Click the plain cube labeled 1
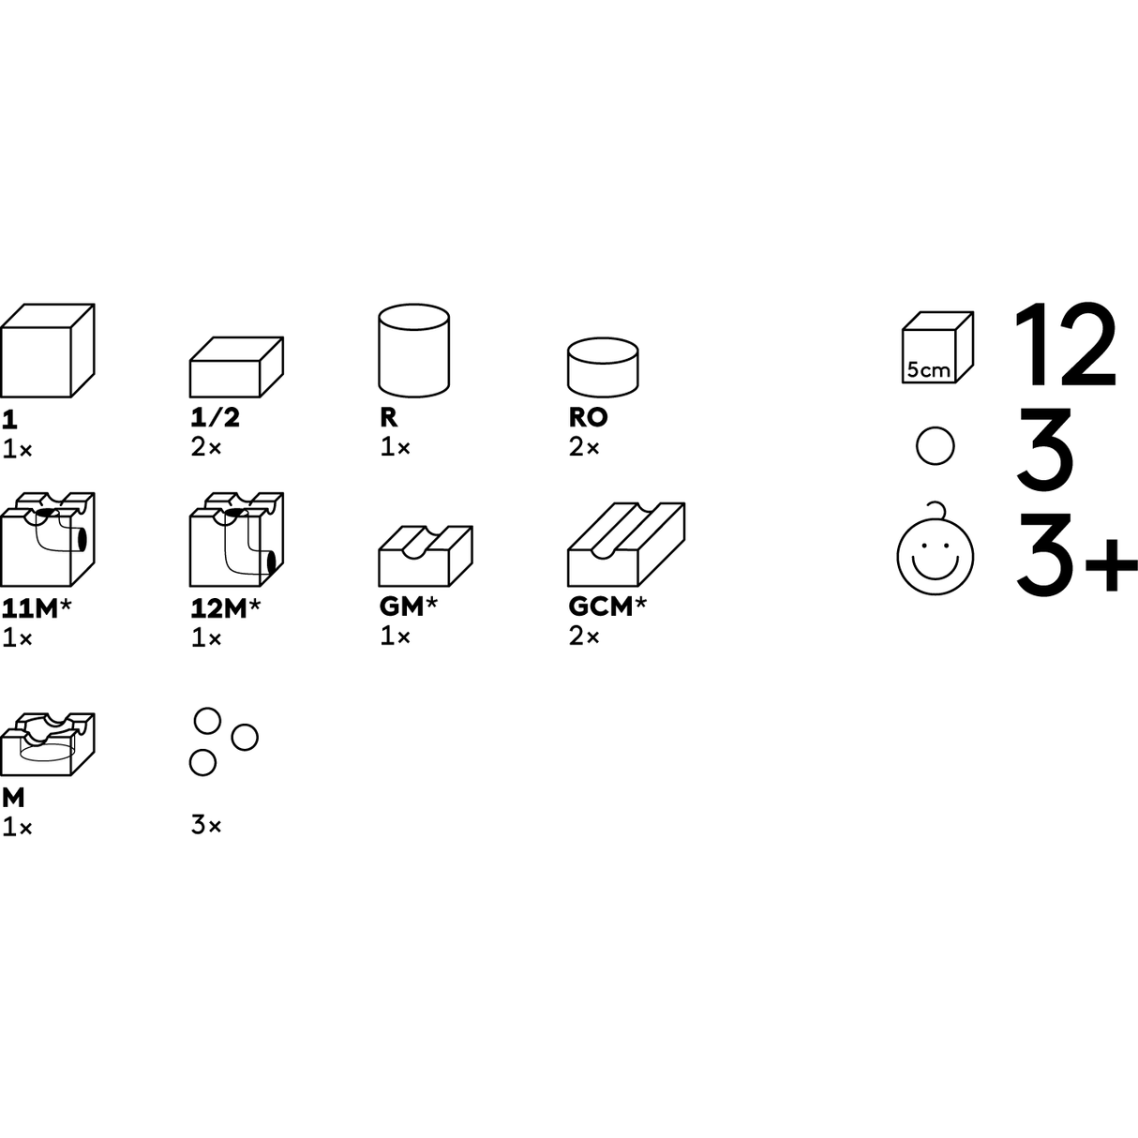coord(47,351)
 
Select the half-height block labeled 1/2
coord(236,367)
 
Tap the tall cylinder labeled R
coord(413,351)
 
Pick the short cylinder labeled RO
coord(603,367)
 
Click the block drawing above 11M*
coord(47,539)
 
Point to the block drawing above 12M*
coord(236,539)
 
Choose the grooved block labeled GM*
coord(426,556)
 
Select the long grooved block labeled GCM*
coord(626,545)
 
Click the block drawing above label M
coord(47,744)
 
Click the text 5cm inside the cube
coord(928,369)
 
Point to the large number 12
coord(1065,345)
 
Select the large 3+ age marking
coord(1076,553)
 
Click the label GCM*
coord(607,606)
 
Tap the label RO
coord(588,417)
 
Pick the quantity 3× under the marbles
coord(206,825)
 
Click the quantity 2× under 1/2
coord(206,447)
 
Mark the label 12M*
coord(225,608)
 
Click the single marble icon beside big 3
coord(935,446)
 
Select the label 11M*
coord(36,608)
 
